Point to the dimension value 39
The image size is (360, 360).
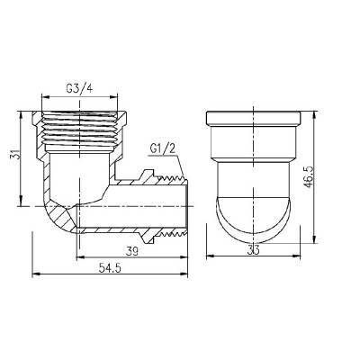click(134, 251)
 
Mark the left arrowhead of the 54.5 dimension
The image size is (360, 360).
click(34, 274)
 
